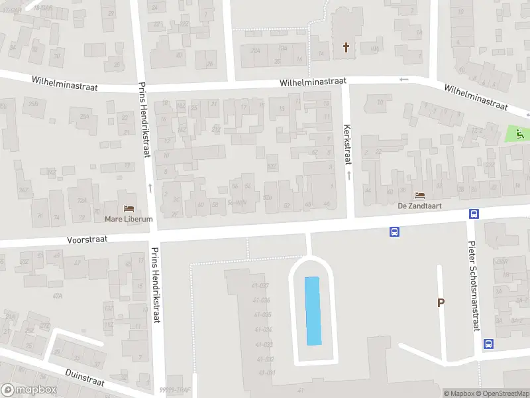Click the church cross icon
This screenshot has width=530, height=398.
pos(345,47)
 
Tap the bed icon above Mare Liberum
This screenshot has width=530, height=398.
pos(129,209)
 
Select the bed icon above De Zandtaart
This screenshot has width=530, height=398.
pos(419,196)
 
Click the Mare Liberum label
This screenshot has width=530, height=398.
pos(129,219)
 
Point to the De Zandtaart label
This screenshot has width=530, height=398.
pos(419,206)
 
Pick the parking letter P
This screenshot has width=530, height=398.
pos(440,302)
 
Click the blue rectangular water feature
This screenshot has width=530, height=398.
pos(312,310)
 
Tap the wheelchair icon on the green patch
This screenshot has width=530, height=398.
pos(519,133)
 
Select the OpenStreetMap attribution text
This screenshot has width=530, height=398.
pos(502,393)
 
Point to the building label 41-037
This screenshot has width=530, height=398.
pos(261,286)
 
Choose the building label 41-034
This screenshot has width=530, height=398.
pos(263,330)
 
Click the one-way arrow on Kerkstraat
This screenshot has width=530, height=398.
pos(348,175)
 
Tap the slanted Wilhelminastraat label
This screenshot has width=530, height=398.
pos(476,97)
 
